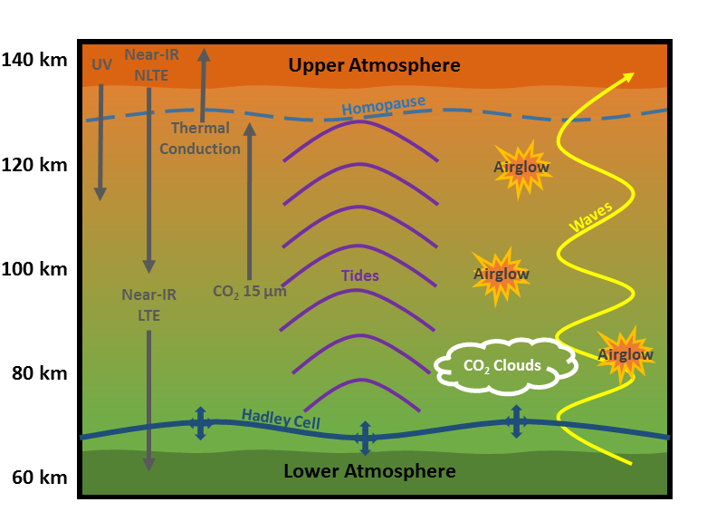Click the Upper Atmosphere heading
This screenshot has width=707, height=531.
tap(374, 65)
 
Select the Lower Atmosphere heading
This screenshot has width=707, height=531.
tap(369, 471)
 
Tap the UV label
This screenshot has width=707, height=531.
tap(101, 65)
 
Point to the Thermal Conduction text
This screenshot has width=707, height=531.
tap(200, 139)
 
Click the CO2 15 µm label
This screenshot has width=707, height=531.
tap(249, 292)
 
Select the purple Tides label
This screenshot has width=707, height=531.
tap(359, 275)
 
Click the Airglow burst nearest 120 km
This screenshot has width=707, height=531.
tap(521, 168)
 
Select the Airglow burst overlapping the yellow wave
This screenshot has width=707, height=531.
tap(625, 354)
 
